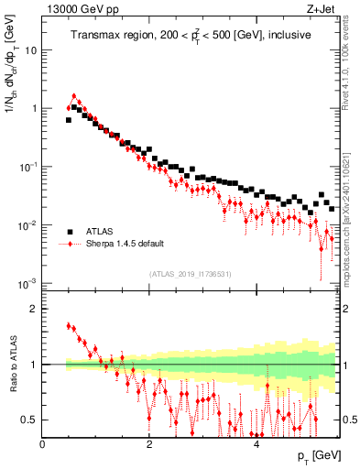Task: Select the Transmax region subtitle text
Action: [x=191, y=36]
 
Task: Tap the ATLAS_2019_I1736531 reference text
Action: [x=191, y=274]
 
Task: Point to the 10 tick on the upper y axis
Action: [x=32, y=50]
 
